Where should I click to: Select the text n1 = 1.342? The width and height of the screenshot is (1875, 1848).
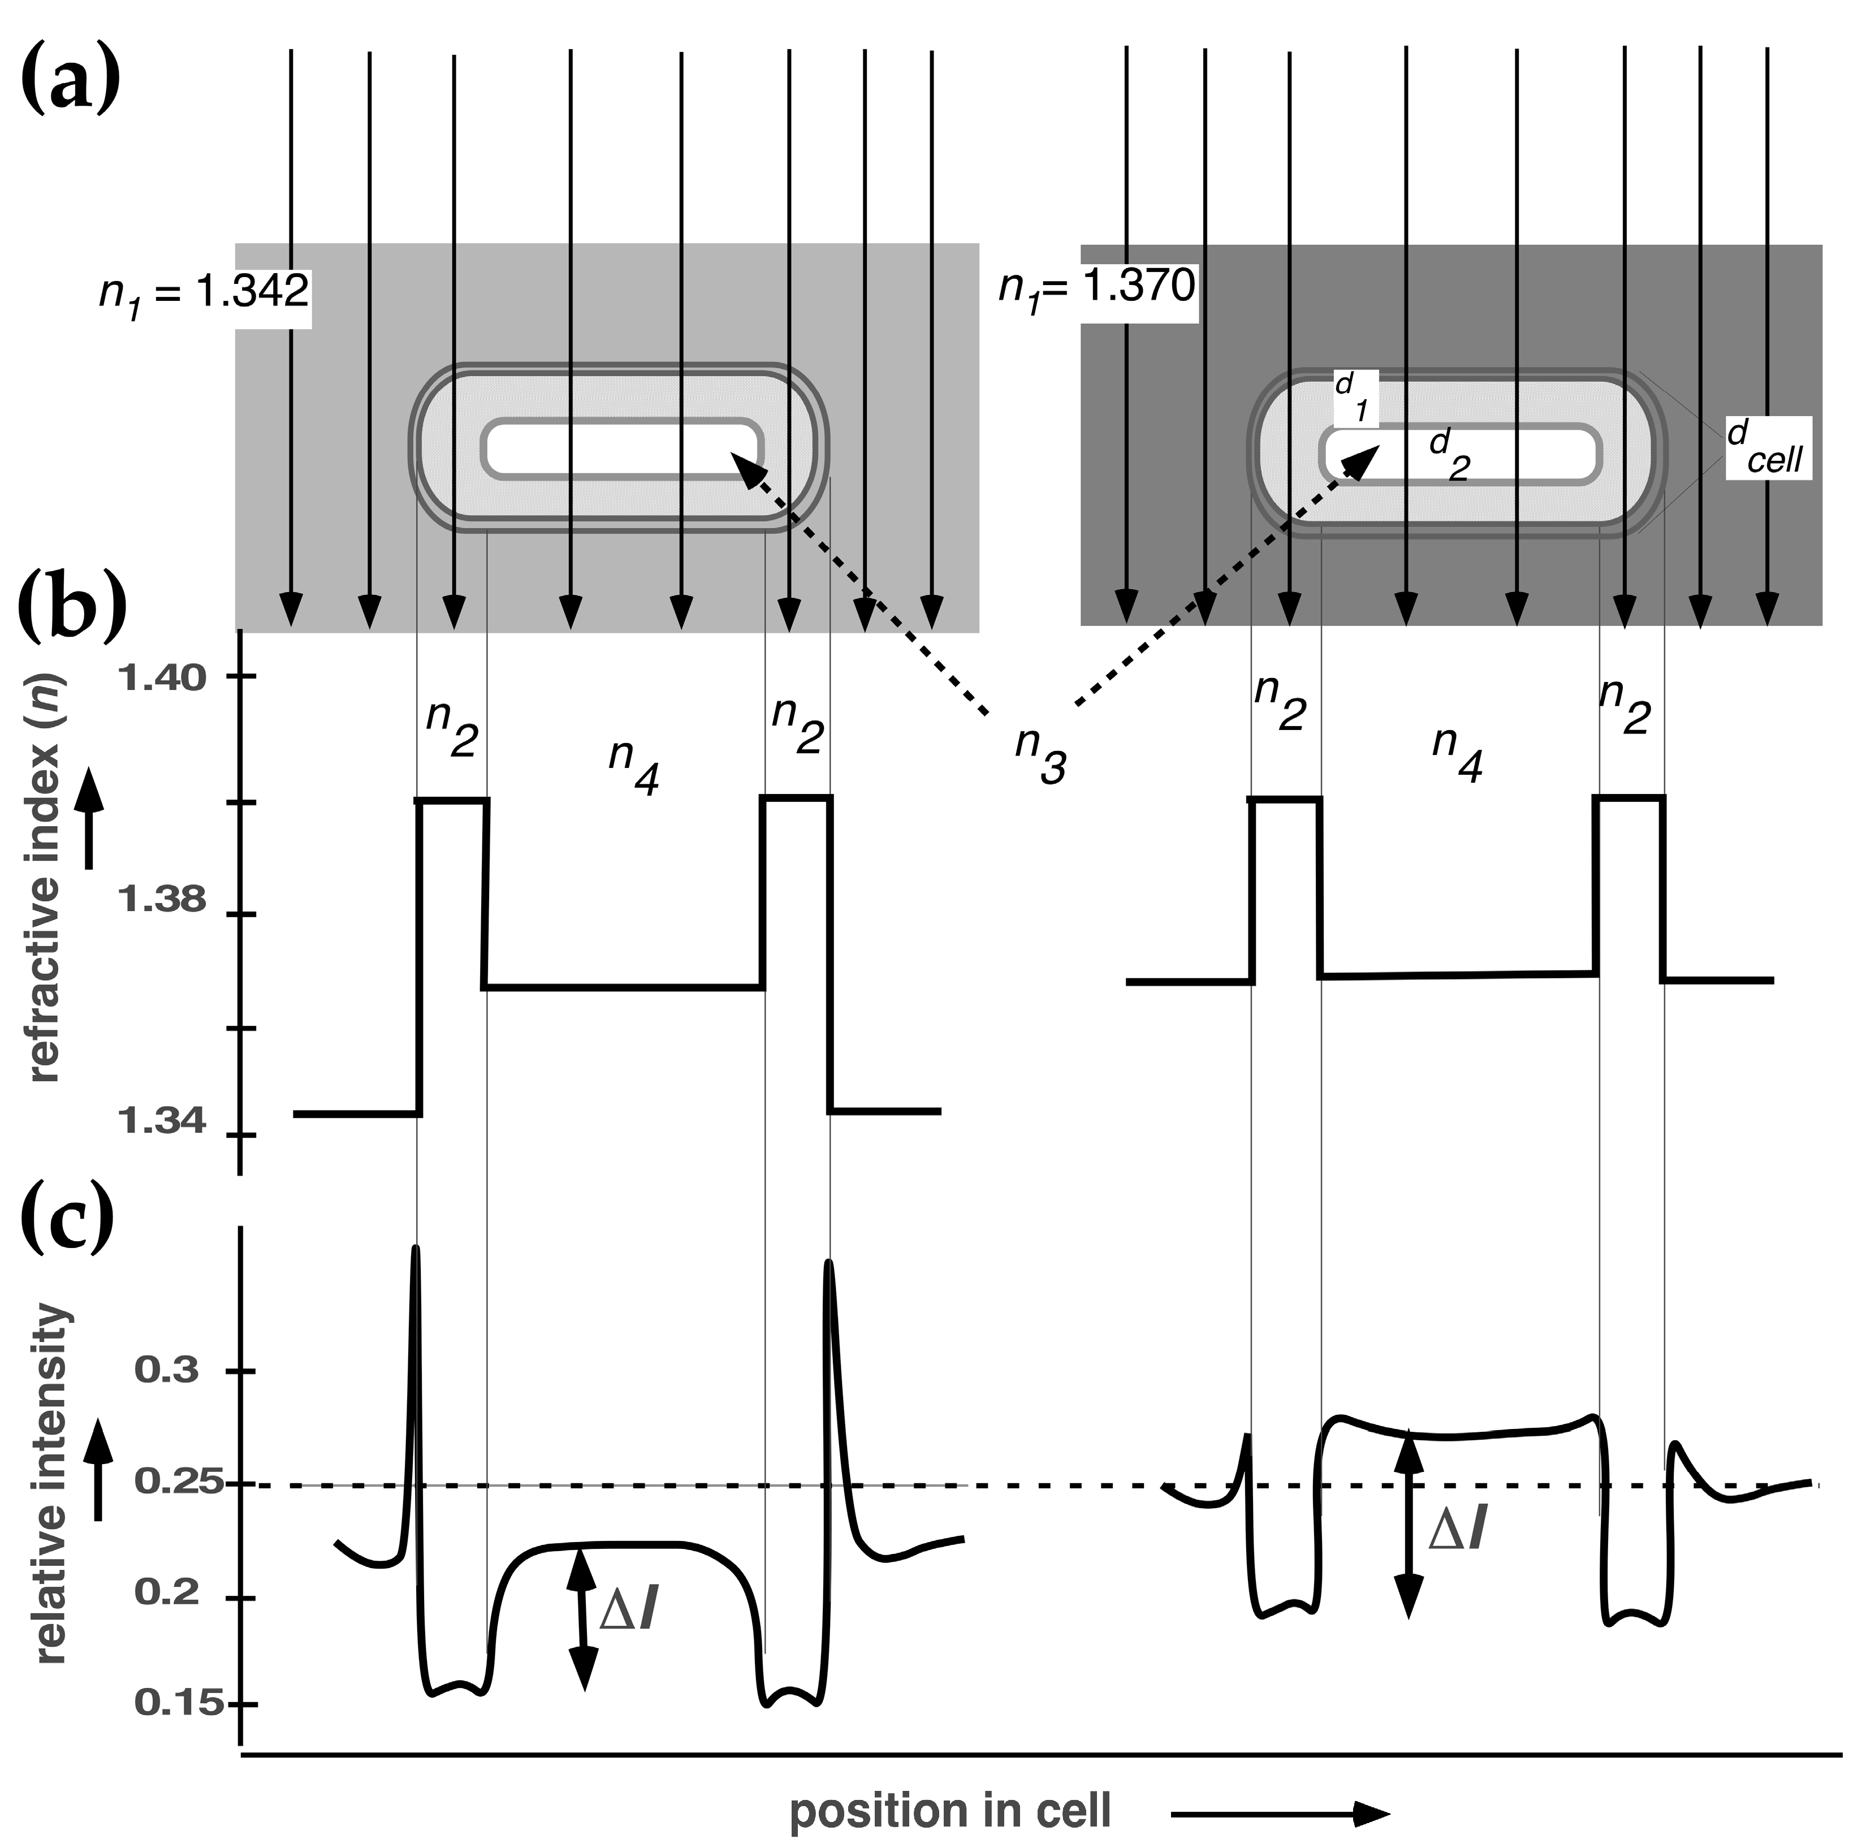pyautogui.click(x=204, y=291)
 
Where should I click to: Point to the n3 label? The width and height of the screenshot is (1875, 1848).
pyautogui.click(x=1040, y=754)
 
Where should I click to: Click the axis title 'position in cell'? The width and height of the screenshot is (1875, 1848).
pyautogui.click(x=950, y=1811)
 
